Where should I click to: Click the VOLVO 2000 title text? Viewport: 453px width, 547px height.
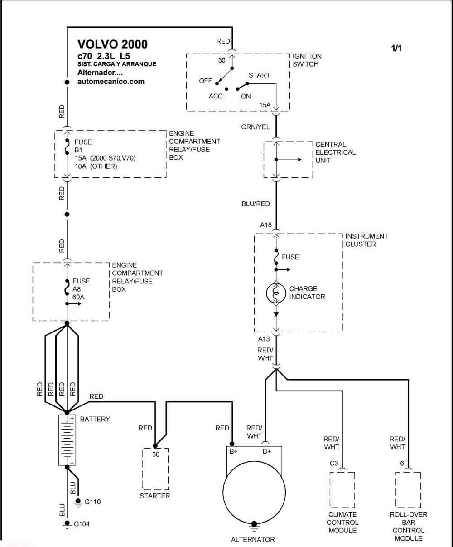112,44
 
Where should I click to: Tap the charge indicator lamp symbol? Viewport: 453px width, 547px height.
276,293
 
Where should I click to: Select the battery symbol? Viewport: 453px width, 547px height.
67,440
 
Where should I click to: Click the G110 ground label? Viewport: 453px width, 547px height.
92,502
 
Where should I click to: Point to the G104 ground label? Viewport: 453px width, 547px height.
82,524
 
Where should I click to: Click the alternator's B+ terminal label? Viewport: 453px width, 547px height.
233,451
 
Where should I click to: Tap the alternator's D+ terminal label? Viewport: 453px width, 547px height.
267,451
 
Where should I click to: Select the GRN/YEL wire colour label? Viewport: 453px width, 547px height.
255,127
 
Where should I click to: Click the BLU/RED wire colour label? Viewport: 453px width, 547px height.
255,204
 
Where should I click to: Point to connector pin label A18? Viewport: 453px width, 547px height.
265,225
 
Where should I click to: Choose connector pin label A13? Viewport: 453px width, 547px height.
264,339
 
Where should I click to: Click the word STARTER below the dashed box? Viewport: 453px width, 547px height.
154,496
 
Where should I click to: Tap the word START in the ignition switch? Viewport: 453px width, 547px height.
259,75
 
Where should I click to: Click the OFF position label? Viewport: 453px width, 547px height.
205,81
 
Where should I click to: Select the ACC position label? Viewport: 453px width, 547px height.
216,96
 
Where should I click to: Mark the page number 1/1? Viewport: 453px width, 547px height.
396,48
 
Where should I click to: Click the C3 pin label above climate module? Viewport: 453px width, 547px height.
334,464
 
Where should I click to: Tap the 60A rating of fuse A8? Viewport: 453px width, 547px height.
78,297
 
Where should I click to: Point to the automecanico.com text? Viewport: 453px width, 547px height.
111,82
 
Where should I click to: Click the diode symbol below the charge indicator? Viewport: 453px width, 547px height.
276,314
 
